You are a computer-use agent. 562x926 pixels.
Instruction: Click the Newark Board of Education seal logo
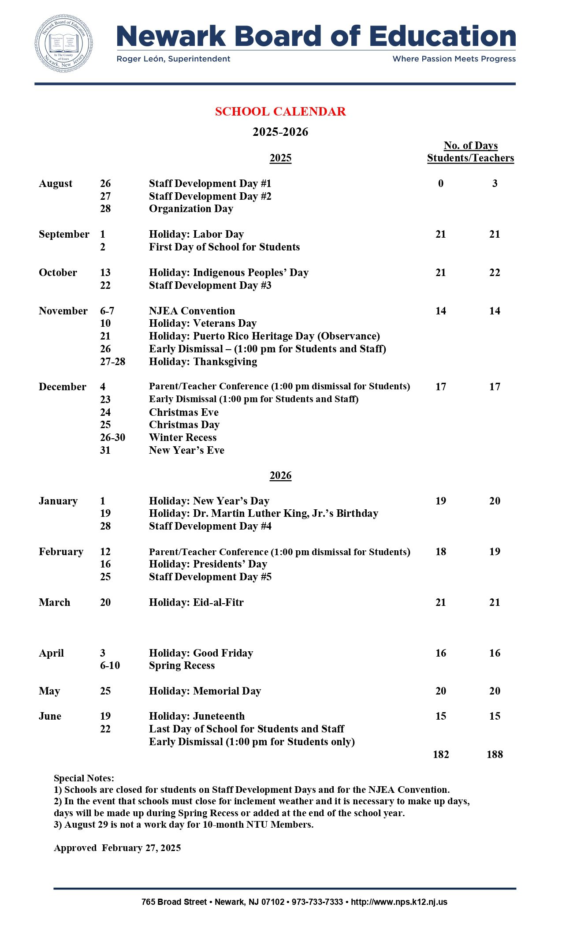tap(63, 43)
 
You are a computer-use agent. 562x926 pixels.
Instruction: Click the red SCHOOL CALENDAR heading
tap(280, 112)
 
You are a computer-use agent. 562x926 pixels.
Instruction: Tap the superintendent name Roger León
tap(173, 59)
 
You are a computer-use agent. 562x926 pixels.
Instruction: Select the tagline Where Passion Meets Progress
tap(454, 59)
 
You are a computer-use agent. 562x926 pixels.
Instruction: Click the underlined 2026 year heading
tap(280, 475)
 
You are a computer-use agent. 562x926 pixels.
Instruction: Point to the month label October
tap(58, 273)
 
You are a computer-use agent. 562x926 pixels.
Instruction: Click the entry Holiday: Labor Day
tap(196, 234)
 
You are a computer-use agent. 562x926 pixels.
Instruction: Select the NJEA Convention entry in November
tap(192, 311)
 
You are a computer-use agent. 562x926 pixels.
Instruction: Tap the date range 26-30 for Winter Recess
tap(112, 437)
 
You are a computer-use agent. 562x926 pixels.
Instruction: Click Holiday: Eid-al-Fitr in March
tap(196, 602)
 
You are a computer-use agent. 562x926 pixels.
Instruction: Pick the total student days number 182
tap(441, 754)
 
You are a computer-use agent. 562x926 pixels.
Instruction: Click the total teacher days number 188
tap(495, 754)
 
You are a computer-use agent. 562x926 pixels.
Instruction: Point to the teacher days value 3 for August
tap(495, 183)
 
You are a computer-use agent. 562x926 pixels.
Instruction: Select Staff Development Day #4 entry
tap(210, 526)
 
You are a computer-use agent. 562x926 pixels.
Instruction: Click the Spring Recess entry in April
tap(182, 665)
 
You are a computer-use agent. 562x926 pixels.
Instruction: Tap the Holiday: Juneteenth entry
tap(197, 716)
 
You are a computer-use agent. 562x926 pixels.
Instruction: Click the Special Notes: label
tap(84, 778)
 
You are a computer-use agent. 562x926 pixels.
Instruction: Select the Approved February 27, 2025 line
tap(117, 848)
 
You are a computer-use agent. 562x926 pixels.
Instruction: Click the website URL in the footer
tap(399, 902)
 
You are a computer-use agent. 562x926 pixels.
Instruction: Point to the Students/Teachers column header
tap(470, 158)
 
